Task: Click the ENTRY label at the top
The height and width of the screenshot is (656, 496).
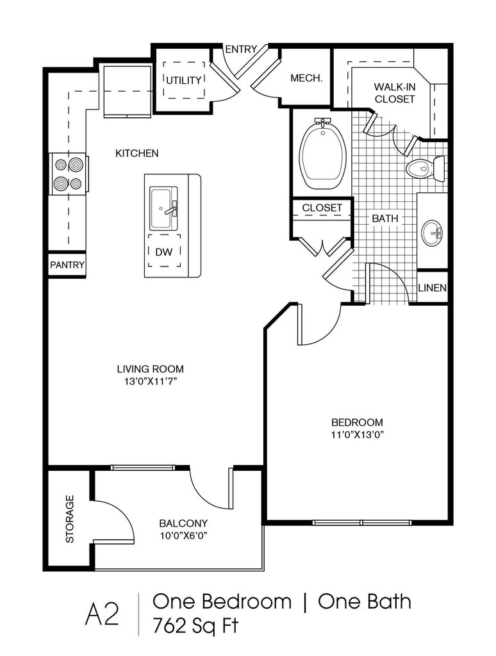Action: (241, 49)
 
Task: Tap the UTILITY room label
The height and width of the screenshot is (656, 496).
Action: (184, 80)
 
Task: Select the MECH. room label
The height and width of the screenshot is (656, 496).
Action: (306, 78)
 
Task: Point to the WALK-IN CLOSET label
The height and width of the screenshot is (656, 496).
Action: (395, 94)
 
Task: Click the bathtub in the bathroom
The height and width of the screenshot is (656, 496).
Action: (323, 154)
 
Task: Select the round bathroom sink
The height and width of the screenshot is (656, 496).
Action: (432, 233)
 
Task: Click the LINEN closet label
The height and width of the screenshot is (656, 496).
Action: (433, 288)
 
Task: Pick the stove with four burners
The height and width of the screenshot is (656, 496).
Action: (69, 174)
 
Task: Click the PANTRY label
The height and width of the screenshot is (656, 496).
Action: (67, 265)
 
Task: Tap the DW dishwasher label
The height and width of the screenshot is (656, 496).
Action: (164, 252)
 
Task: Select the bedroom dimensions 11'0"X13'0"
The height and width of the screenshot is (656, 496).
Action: (357, 434)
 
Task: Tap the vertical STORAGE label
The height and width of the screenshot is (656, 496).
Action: (70, 519)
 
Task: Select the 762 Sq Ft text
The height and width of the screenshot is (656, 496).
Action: (195, 625)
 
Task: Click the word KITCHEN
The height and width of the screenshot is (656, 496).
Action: (136, 154)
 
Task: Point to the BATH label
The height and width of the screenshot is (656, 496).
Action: (385, 218)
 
